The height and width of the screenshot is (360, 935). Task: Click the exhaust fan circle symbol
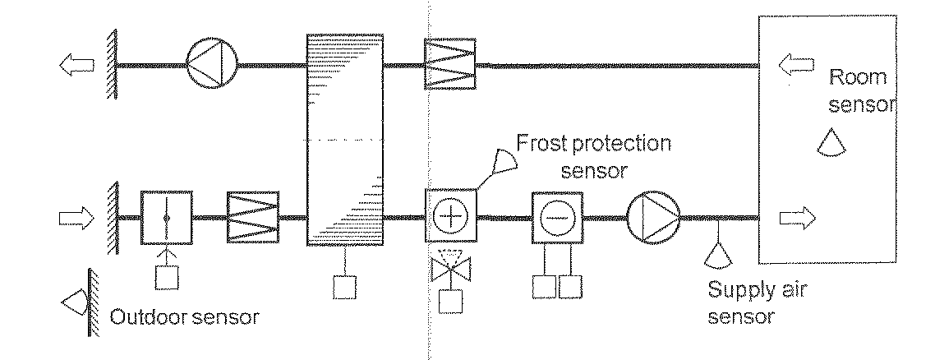(212, 63)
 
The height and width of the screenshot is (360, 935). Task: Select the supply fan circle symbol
(654, 217)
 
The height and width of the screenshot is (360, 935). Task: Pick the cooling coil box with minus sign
(556, 217)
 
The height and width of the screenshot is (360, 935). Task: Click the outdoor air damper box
(166, 217)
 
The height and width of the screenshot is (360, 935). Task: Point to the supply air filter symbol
(253, 217)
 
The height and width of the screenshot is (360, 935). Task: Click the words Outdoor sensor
(183, 315)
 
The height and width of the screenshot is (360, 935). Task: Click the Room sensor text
(859, 90)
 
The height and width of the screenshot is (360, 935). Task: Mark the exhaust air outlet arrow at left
(76, 65)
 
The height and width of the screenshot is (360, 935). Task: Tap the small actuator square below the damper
(166, 277)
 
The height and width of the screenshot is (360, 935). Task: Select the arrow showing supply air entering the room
(797, 218)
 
